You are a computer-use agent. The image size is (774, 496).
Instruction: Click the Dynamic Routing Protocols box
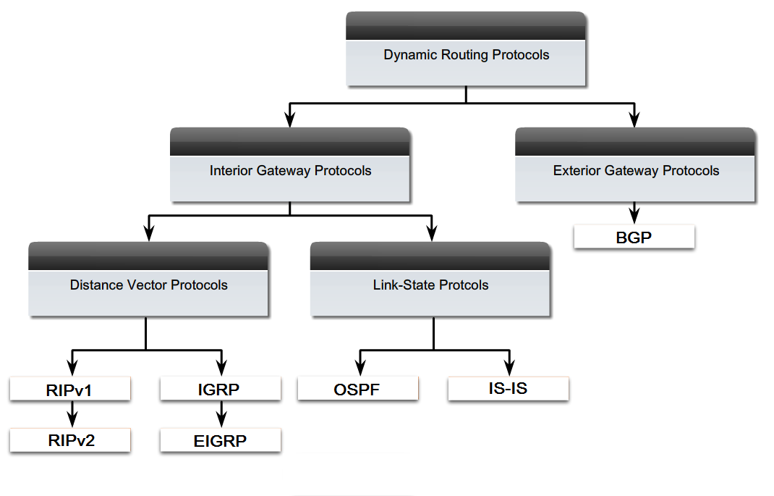pyautogui.click(x=466, y=55)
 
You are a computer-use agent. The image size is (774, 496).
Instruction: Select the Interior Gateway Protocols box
pyautogui.click(x=290, y=171)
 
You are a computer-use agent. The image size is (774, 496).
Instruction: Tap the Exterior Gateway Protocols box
pyautogui.click(x=636, y=171)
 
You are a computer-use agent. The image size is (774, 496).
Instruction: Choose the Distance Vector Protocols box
pyautogui.click(x=148, y=285)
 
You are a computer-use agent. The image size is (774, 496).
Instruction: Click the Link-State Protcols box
pyautogui.click(x=430, y=285)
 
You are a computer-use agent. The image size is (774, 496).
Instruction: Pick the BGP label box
pyautogui.click(x=634, y=237)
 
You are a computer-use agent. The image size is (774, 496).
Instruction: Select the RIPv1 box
pyautogui.click(x=70, y=390)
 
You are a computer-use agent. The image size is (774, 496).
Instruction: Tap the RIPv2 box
pyautogui.click(x=70, y=440)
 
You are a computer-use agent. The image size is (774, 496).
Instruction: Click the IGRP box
pyautogui.click(x=220, y=390)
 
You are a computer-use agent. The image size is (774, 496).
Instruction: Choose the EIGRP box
pyautogui.click(x=220, y=440)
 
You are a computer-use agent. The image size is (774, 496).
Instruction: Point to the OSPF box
pyautogui.click(x=357, y=390)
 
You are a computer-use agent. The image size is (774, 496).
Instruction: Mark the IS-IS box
pyautogui.click(x=508, y=388)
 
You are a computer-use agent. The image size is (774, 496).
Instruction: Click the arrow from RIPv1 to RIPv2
pyautogui.click(x=71, y=414)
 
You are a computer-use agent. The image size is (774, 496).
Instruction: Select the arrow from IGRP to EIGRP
pyautogui.click(x=221, y=414)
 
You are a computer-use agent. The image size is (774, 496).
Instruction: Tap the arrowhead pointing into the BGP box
pyautogui.click(x=634, y=217)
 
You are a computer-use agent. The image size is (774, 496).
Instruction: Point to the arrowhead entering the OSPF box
pyautogui.click(x=360, y=369)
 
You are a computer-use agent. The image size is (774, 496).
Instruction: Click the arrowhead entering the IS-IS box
pyautogui.click(x=511, y=369)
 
